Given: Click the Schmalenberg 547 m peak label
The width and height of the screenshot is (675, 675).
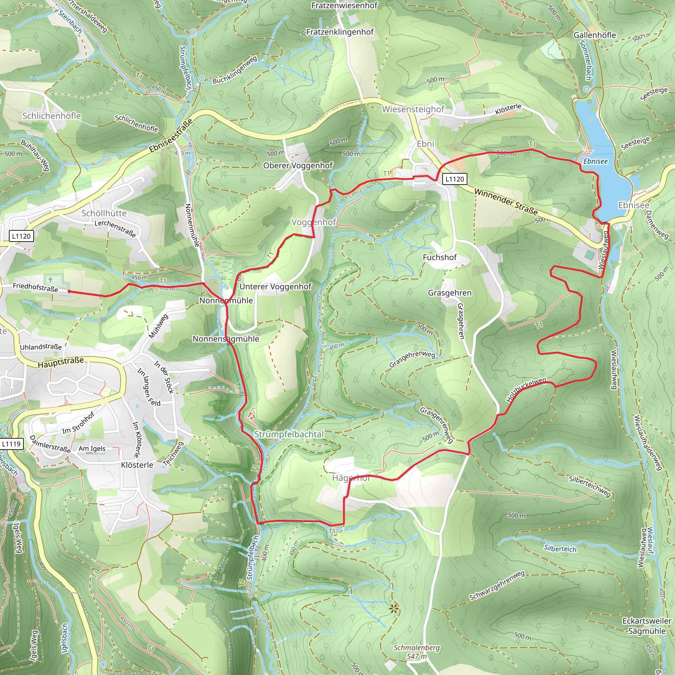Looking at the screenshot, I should [417, 652].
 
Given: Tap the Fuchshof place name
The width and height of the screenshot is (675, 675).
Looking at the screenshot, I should [440, 257].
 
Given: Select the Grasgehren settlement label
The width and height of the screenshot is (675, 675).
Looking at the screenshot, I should [450, 293].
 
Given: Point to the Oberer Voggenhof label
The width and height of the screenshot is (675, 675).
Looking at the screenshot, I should [298, 165].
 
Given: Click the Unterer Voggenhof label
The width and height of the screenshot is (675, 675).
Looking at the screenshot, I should [275, 286].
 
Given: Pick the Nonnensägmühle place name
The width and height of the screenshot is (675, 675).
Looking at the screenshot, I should [226, 338].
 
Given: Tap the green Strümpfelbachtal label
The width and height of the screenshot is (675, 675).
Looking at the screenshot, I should [289, 434].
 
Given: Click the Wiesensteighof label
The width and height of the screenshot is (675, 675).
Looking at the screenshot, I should [413, 109].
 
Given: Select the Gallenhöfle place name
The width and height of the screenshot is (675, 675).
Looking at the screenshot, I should [595, 35].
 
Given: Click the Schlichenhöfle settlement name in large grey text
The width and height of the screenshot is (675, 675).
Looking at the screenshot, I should [52, 116].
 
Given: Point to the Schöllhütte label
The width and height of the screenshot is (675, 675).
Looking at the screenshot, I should [104, 213].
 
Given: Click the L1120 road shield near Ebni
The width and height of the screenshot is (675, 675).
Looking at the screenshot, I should [455, 179].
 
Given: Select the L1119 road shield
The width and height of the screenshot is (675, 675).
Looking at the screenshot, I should [12, 444].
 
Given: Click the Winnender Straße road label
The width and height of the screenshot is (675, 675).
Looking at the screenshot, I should [506, 202].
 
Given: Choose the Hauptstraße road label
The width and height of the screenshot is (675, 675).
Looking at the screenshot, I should [61, 362].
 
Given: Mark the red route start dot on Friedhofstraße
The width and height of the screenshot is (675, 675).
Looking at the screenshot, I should [69, 291].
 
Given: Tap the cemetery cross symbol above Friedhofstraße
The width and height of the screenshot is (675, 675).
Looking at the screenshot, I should [50, 279].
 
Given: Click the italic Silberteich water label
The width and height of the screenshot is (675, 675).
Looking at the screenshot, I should [560, 548].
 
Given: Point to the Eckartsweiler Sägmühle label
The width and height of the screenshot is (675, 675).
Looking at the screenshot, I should [647, 626].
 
